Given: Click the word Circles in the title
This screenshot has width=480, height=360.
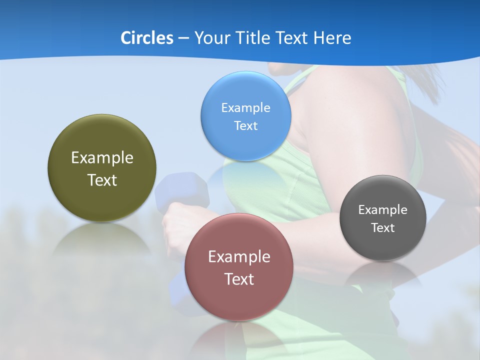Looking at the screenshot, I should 146,38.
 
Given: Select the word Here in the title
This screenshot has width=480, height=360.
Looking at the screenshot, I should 332,38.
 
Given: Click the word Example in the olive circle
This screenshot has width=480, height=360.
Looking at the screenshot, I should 102,158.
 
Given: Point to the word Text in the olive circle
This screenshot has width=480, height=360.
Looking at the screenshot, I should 102,180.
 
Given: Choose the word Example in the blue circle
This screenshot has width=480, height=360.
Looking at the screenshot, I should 246,108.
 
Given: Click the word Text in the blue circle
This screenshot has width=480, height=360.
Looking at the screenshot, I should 246,126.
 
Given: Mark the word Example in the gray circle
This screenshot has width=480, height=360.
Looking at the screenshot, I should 383,210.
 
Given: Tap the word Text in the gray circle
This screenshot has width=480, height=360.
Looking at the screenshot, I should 383,228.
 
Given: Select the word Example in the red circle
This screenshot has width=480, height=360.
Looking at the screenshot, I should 239,257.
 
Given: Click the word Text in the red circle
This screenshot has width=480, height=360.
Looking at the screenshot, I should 239,279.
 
